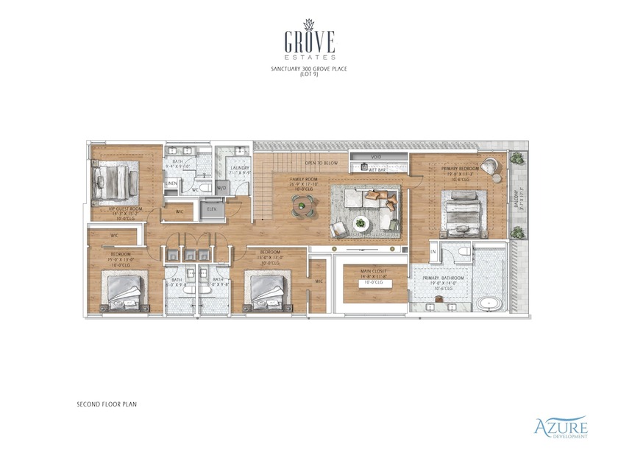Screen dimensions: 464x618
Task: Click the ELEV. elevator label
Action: point(212,209)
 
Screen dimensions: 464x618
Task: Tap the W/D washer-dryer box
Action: point(222,187)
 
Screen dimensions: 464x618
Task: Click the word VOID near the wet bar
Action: point(376,156)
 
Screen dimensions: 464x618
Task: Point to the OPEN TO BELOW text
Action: point(322,163)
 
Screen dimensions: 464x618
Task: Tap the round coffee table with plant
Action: point(360,222)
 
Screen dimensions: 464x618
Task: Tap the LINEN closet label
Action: point(171,183)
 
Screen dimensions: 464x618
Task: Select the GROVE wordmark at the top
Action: point(309,38)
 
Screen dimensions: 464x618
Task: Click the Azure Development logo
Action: point(561,427)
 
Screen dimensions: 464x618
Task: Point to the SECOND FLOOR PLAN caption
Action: point(107,404)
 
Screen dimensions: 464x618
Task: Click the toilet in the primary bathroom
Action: point(464,254)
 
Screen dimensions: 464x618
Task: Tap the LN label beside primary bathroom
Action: point(434,253)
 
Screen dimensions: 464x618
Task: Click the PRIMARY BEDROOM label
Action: point(460,169)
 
